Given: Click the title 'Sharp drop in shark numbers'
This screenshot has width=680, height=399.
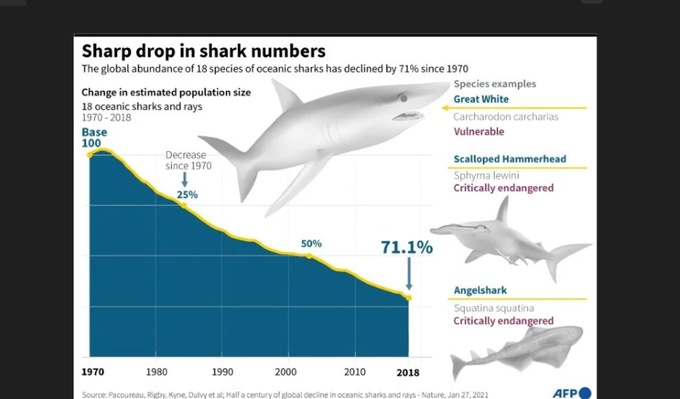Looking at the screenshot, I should [203, 51].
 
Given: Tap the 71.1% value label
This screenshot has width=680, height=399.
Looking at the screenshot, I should [407, 248].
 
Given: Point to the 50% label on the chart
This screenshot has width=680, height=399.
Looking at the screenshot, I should [311, 244].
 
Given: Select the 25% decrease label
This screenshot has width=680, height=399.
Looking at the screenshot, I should [187, 195].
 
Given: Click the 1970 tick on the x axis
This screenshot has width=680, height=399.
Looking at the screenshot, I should [93, 372].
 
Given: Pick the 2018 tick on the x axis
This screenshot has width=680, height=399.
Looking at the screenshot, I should [407, 372].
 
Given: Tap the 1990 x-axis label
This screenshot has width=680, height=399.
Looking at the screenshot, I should [222, 372].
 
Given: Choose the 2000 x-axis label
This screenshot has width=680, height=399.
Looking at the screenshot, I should [286, 372].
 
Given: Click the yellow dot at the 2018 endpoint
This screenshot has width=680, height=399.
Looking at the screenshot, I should [409, 298].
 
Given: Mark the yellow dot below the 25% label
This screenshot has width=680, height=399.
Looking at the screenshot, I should [184, 205].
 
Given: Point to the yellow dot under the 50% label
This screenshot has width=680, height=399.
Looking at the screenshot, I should [309, 256].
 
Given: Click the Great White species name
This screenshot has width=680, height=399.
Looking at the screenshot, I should [481, 99].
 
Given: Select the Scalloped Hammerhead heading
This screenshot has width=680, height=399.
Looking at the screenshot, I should [510, 159].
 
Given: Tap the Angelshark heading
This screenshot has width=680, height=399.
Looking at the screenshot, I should [480, 290].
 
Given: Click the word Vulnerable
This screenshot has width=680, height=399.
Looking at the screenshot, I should [479, 132].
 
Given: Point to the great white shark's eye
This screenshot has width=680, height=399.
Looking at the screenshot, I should [403, 99].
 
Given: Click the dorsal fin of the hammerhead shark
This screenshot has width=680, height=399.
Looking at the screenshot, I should [502, 211].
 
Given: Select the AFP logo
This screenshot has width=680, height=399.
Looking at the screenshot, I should [572, 393].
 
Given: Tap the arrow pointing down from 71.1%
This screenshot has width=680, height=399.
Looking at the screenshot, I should [409, 274].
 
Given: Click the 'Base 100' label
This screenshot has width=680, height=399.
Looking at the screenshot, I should [94, 138].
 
